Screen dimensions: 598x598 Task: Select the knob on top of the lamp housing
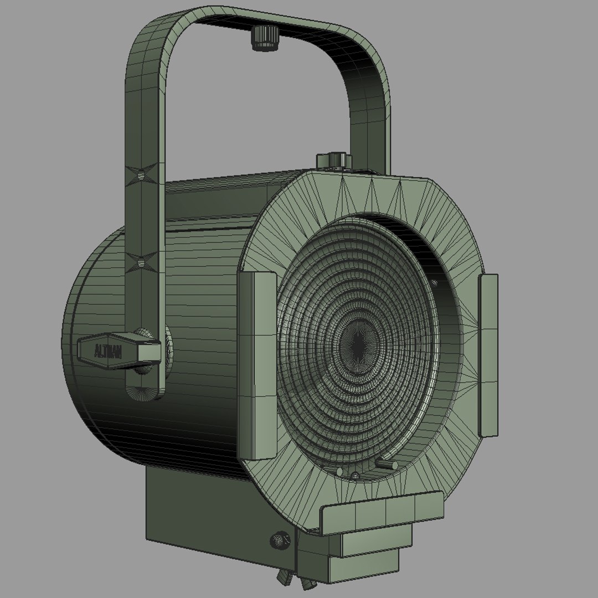point(334,159)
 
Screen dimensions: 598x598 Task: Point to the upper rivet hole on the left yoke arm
point(142,174)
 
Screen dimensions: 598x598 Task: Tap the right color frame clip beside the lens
point(488,354)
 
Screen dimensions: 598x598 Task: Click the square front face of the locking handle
point(148,350)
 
